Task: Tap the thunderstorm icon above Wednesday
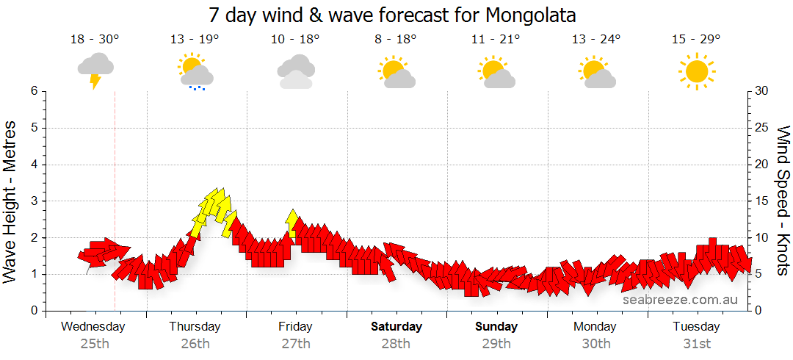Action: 95,70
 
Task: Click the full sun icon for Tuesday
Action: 696,71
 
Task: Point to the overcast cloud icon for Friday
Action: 296,71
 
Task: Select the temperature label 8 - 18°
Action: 395,40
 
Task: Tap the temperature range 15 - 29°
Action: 696,40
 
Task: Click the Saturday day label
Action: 396,326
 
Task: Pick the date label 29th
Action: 496,343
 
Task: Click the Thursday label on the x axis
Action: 195,326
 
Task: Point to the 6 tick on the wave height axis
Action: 33,91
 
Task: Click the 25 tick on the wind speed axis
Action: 762,128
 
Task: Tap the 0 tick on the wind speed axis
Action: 758,311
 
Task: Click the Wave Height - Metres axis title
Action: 11,201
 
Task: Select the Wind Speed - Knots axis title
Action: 783,201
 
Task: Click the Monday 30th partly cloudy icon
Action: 596,72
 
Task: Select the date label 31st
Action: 696,343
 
